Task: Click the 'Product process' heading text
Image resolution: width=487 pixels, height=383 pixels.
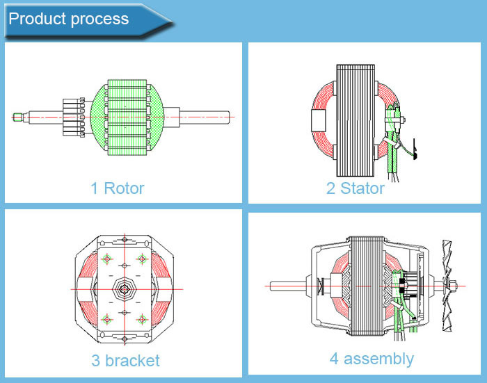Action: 68,19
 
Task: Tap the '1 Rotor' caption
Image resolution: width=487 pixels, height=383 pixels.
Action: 117,188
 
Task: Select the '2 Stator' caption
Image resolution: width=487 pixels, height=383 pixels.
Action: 355,188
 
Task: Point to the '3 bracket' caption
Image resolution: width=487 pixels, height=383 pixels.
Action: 125,361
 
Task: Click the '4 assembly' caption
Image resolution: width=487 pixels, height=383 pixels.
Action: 372,359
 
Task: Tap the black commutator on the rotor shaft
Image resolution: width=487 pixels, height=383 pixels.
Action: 73,116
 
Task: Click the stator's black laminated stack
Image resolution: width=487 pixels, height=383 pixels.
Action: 356,118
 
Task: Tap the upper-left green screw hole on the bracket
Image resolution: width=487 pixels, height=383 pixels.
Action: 107,260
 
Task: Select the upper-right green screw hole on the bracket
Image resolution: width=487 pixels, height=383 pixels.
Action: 143,259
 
